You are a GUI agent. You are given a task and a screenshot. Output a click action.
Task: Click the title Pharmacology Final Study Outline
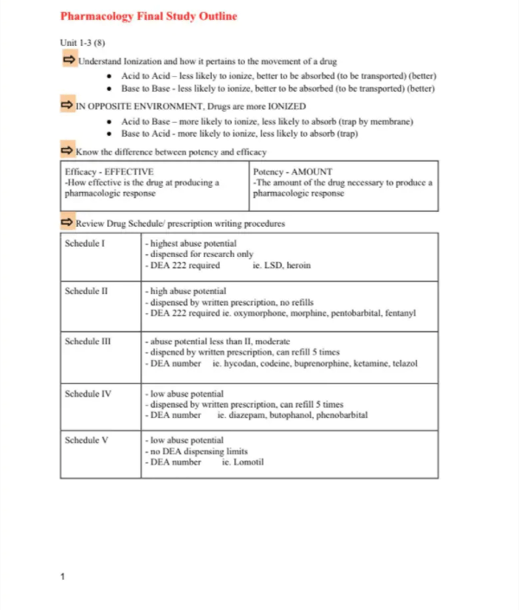click(148, 16)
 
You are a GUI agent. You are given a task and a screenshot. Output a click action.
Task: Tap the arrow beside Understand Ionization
click(68, 60)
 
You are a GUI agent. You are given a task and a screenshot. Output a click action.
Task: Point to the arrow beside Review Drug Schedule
click(67, 222)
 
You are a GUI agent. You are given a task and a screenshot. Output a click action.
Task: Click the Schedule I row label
click(85, 244)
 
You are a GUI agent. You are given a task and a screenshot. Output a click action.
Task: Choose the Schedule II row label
click(86, 292)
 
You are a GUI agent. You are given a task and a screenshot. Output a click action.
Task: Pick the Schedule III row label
click(88, 342)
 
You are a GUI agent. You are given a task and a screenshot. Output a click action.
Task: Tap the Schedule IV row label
click(88, 394)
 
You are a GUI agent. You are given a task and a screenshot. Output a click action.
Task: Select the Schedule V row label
click(86, 440)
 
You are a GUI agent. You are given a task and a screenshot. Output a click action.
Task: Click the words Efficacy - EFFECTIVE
click(109, 172)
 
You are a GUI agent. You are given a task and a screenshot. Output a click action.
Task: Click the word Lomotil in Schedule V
click(249, 462)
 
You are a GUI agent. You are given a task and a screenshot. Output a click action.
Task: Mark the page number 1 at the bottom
click(63, 575)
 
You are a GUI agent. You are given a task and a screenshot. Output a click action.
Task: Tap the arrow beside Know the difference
click(67, 151)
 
